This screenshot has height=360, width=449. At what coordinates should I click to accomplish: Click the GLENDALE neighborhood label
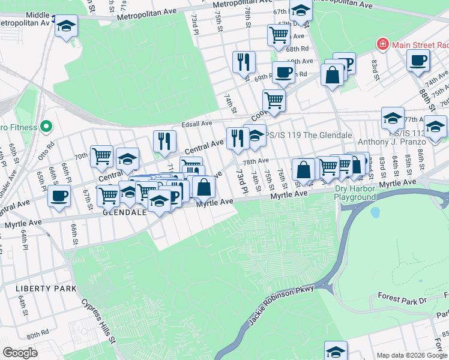point(125,212)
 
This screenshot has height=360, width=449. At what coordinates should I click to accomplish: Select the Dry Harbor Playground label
point(354,193)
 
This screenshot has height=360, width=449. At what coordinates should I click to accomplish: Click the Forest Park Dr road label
point(402,297)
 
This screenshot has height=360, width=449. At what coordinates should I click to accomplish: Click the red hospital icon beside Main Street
point(381,44)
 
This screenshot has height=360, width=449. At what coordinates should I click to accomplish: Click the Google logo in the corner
point(19,353)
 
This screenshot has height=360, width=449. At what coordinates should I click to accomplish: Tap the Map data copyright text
point(411,355)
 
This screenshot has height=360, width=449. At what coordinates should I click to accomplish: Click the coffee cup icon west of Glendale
point(59,196)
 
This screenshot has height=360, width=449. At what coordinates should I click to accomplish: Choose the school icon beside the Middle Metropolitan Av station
point(67,26)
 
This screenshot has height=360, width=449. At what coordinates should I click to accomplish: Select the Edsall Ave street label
point(197,124)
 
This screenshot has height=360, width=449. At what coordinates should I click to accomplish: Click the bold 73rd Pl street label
point(241,181)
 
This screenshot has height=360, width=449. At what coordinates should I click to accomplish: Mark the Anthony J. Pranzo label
point(394,142)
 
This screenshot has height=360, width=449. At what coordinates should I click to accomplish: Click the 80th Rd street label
point(37,333)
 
